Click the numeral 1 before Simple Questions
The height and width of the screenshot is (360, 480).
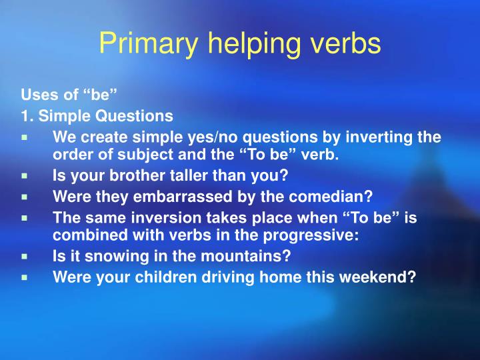coord(25,116)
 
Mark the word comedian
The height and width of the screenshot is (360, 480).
coord(335,197)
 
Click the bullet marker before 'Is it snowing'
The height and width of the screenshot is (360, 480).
coord(24,256)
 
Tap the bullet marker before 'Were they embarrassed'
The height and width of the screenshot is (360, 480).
coord(24,197)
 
